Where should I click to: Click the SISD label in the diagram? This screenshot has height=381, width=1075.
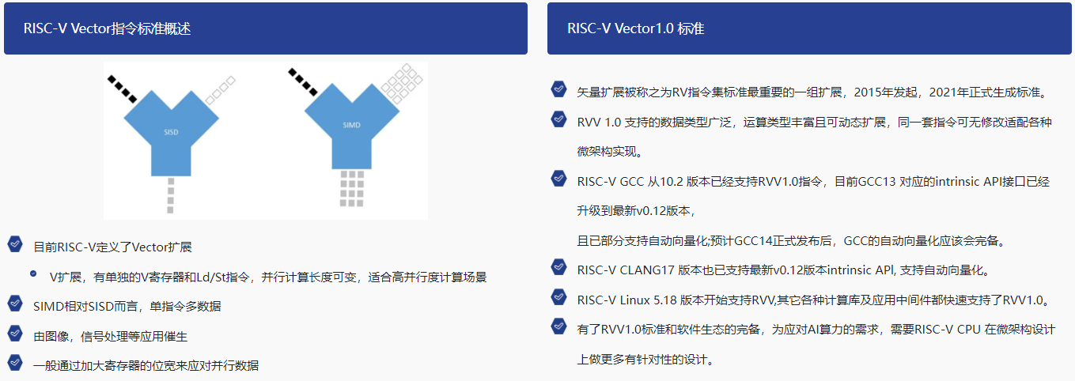click(171, 132)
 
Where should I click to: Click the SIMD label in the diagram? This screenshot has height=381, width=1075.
click(351, 125)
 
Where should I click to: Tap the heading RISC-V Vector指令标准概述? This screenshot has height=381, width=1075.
click(107, 28)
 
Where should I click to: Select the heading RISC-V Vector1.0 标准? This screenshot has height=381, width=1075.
click(635, 28)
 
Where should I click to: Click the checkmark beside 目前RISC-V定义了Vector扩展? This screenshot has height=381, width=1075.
click(15, 244)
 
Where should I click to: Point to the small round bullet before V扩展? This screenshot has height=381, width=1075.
click(33, 273)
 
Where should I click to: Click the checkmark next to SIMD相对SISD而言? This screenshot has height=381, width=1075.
click(15, 304)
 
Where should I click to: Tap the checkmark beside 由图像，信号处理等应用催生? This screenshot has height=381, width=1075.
click(15, 334)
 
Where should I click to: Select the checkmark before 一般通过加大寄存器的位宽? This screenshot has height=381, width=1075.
click(15, 362)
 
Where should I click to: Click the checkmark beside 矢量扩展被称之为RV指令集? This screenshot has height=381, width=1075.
click(558, 89)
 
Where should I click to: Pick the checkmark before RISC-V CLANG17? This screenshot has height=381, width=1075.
click(558, 267)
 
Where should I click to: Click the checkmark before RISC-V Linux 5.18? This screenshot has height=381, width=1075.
click(558, 297)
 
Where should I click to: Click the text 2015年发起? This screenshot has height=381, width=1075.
click(885, 92)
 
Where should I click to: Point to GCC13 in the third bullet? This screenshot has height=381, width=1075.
click(876, 181)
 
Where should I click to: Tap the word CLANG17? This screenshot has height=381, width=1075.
click(647, 270)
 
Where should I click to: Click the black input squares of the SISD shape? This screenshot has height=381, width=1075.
click(122, 89)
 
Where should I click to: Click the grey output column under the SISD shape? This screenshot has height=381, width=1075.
click(170, 196)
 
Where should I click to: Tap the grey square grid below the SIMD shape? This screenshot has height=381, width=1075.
click(352, 189)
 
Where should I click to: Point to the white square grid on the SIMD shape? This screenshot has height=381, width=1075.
click(402, 84)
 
